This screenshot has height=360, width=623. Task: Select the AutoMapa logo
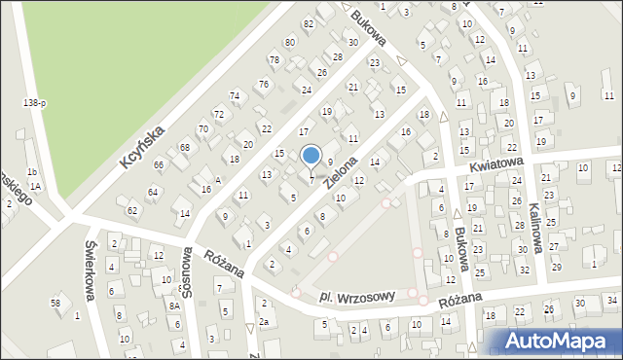click(x=555, y=342)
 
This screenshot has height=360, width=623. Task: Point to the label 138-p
click(x=35, y=102)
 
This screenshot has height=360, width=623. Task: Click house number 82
click(x=309, y=23)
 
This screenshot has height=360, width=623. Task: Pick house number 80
click(x=289, y=42)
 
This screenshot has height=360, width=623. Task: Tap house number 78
click(x=275, y=60)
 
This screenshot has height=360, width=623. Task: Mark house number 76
click(x=263, y=85)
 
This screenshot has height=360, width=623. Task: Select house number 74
click(x=235, y=95)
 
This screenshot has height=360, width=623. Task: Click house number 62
click(x=132, y=210)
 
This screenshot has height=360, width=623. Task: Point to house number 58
click(x=55, y=303)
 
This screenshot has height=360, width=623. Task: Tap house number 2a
click(x=264, y=322)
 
